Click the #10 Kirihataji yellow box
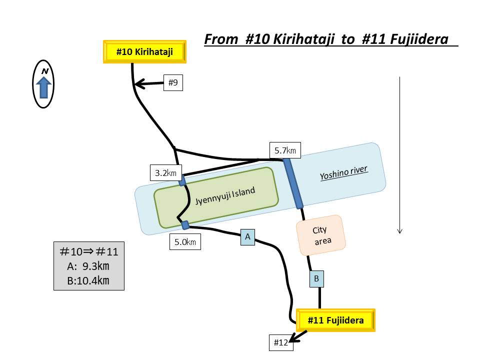pyautogui.click(x=144, y=51)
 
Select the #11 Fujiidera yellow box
pyautogui.click(x=335, y=320)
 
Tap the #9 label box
pyautogui.click(x=173, y=83)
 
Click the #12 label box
pyautogui.click(x=281, y=342)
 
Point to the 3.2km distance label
pyautogui.click(x=166, y=173)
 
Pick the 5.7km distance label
pyautogui.click(x=285, y=150)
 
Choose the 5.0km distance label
pyautogui.click(x=185, y=242)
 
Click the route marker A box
pyautogui.click(x=247, y=237)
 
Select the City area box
pyautogui.click(x=320, y=235)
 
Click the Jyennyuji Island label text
pyautogui.click(x=225, y=196)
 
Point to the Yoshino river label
pyautogui.click(x=344, y=173)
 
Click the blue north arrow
pyautogui.click(x=44, y=88)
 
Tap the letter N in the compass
pyautogui.click(x=44, y=71)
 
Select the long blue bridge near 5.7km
pyautogui.click(x=293, y=183)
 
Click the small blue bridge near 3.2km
pyautogui.click(x=182, y=180)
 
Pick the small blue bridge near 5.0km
pyautogui.click(x=185, y=225)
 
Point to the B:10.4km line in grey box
pyautogui.click(x=88, y=280)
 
